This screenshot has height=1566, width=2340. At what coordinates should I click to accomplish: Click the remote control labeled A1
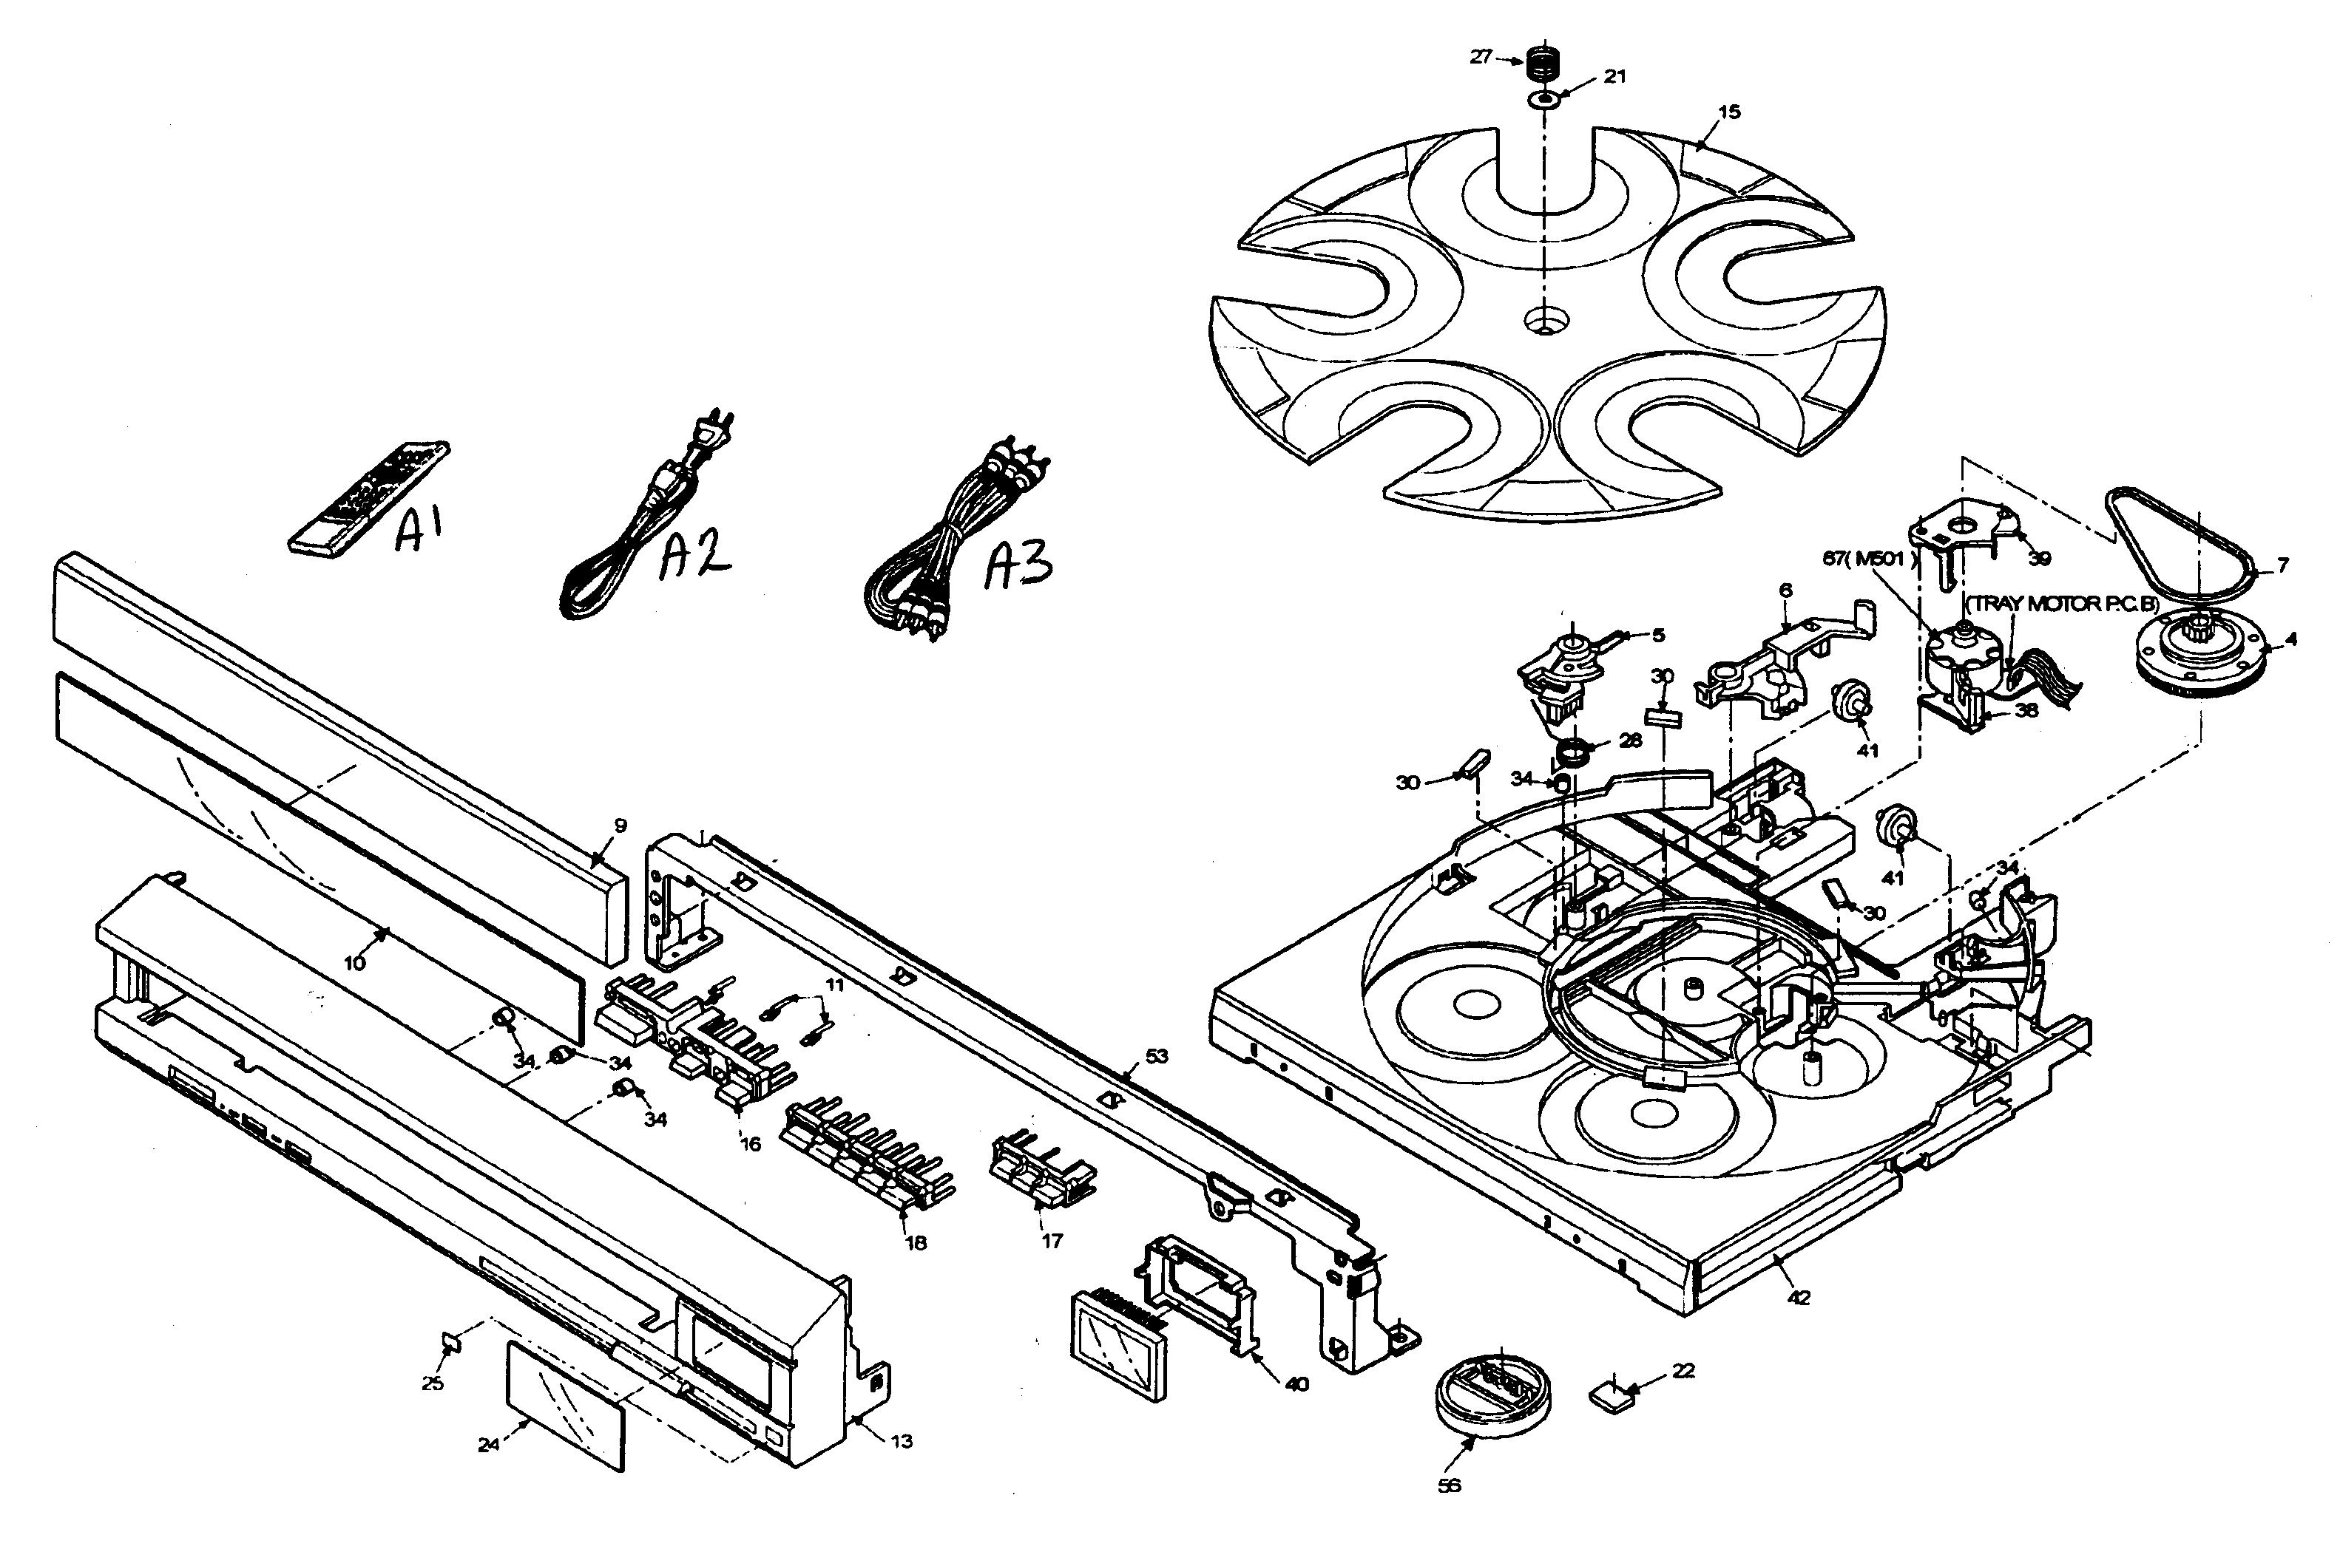coord(367,497)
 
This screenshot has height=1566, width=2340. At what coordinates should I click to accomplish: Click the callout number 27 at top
coord(1481,57)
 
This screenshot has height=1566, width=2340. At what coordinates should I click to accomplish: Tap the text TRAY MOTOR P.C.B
coord(2061,605)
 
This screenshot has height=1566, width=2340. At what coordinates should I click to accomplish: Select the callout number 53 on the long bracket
coord(1156,1055)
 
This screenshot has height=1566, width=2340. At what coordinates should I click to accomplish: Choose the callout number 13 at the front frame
coord(902,1441)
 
